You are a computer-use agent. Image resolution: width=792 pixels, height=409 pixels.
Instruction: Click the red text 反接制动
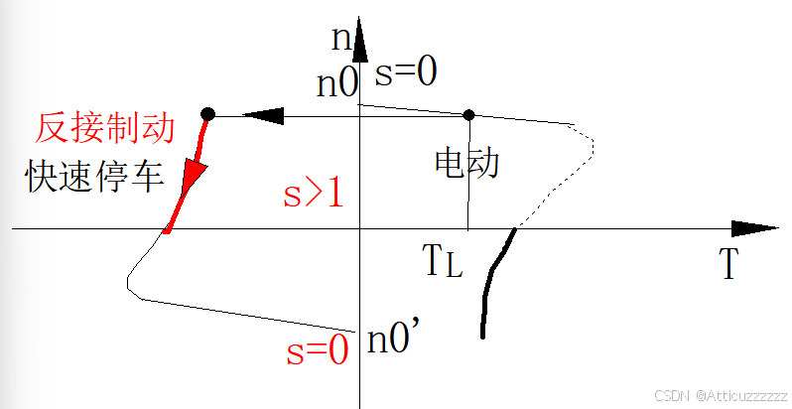click(x=105, y=128)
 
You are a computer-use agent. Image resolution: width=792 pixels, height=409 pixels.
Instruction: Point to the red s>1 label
click(x=313, y=194)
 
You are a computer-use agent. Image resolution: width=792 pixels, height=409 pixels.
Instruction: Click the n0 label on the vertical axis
click(x=336, y=84)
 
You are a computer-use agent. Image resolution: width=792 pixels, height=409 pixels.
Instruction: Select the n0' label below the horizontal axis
click(x=397, y=341)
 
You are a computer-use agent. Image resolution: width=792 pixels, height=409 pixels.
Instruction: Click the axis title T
click(x=728, y=264)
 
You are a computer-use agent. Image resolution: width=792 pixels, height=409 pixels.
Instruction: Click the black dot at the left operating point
click(x=207, y=114)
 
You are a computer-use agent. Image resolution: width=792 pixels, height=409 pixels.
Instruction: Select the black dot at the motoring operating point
click(x=469, y=114)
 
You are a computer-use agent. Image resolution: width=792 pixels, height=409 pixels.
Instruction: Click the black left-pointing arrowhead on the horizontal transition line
click(x=263, y=116)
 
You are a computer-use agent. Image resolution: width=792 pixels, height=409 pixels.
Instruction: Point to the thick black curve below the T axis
click(x=489, y=288)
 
